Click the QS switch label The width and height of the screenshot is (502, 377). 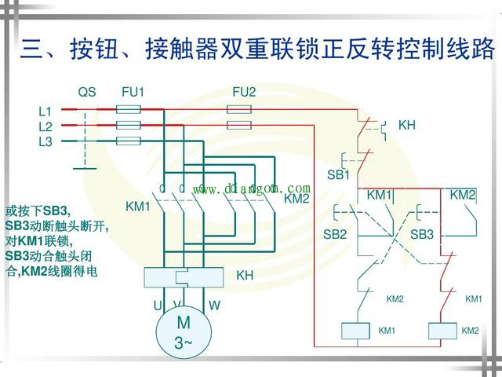pyautogui.click(x=87, y=93)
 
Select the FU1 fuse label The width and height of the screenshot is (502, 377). pyautogui.click(x=133, y=93)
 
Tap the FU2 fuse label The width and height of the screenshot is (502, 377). pyautogui.click(x=244, y=93)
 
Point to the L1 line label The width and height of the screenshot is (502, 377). pyautogui.click(x=45, y=112)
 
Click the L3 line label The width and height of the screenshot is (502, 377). pyautogui.click(x=45, y=141)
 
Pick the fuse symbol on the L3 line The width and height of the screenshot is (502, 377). pyautogui.click(x=129, y=141)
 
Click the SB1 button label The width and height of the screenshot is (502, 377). pyautogui.click(x=338, y=174)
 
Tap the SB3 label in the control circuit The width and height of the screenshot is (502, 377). pyautogui.click(x=422, y=234)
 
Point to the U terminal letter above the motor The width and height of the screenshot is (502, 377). pyautogui.click(x=158, y=305)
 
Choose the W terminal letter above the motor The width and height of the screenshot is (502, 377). pyautogui.click(x=214, y=305)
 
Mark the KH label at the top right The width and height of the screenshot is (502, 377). pyautogui.click(x=407, y=125)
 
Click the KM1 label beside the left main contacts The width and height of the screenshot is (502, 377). pyautogui.click(x=138, y=207)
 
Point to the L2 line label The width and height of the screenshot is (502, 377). pyautogui.click(x=45, y=126)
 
